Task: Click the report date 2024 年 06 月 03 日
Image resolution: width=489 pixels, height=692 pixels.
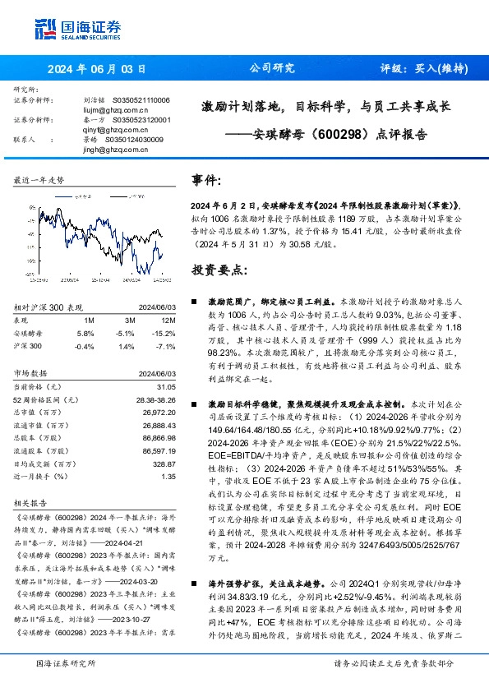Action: pos(96,68)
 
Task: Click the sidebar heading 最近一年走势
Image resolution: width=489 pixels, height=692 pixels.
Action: pos(39,179)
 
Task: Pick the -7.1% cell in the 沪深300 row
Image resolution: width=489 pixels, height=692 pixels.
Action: pos(166,346)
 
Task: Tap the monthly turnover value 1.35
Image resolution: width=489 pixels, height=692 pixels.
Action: pos(168,476)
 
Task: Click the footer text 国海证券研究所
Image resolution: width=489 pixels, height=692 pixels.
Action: pos(66,663)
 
